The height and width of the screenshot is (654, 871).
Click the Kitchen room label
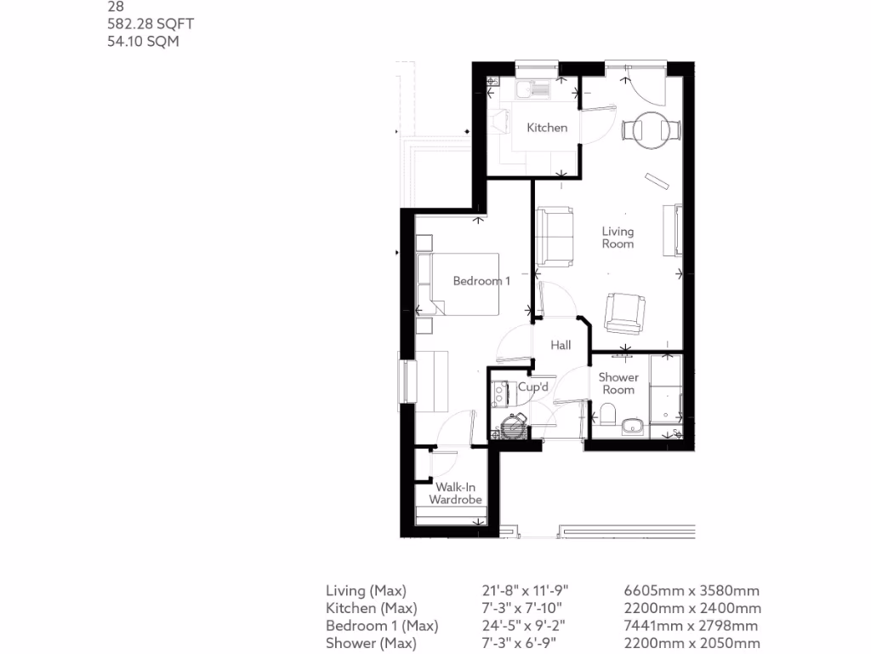click(x=546, y=128)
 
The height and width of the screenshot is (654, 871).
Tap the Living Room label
click(x=618, y=238)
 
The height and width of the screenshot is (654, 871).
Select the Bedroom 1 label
click(x=481, y=281)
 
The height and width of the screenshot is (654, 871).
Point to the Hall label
click(x=561, y=345)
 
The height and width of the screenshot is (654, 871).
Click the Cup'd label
click(x=532, y=387)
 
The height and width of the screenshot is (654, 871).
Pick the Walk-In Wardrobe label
click(x=455, y=494)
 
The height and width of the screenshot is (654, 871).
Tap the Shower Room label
click(x=618, y=383)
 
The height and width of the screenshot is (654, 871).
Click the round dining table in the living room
click(x=652, y=129)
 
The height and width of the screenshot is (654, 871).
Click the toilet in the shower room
click(x=606, y=416)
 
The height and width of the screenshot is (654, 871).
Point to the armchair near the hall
click(x=625, y=313)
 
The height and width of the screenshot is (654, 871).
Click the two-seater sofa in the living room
click(x=555, y=234)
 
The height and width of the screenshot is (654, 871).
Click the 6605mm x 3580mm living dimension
click(x=692, y=590)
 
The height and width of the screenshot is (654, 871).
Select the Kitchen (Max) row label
click(x=371, y=608)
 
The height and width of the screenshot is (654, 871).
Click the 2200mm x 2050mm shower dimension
click(x=692, y=644)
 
